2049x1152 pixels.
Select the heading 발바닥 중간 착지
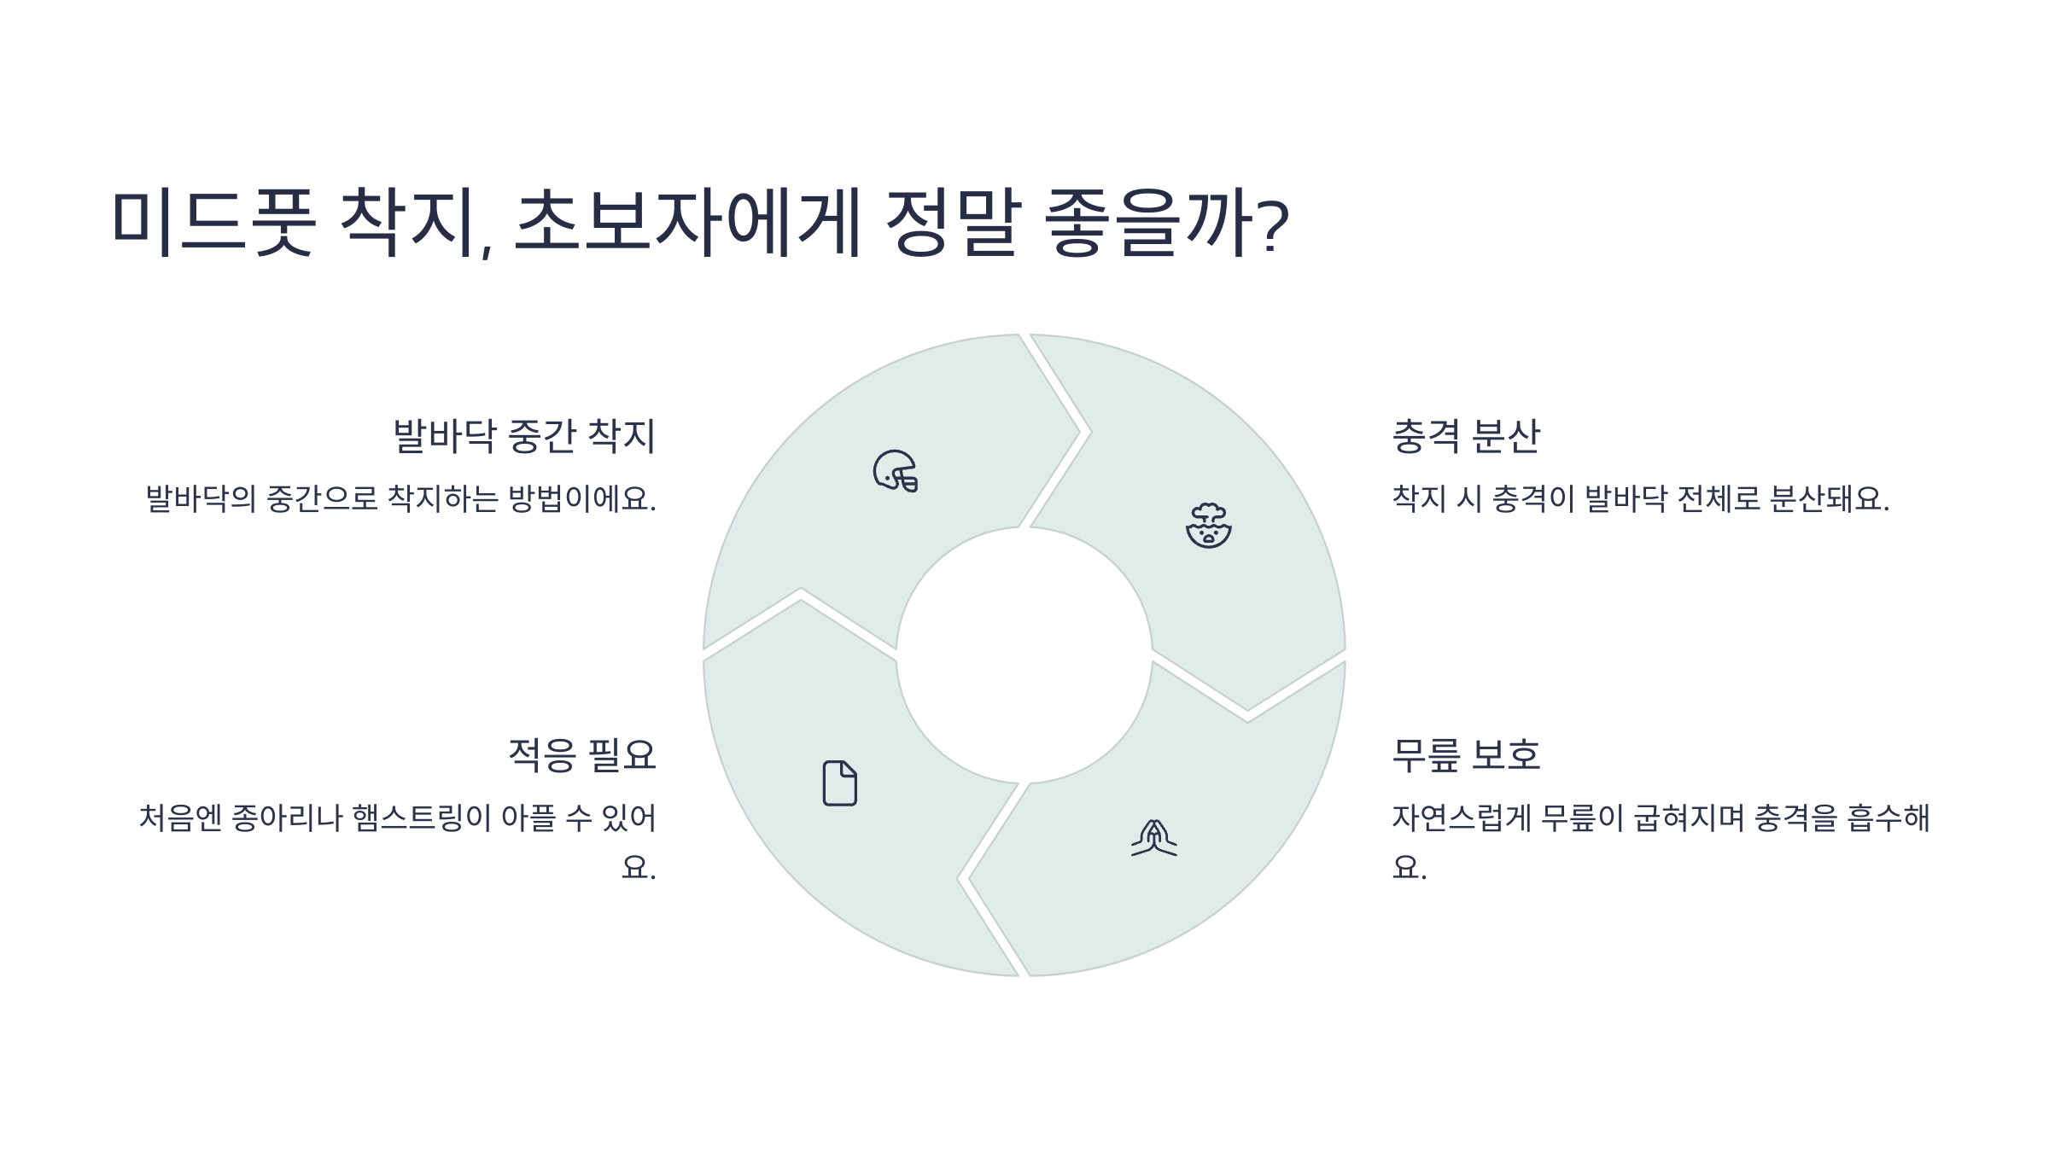point(524,436)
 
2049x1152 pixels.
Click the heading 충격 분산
point(1466,436)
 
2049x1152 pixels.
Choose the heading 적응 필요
point(582,755)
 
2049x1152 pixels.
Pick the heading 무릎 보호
point(1466,755)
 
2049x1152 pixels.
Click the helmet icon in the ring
point(896,471)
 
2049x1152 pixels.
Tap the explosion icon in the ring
point(1209,526)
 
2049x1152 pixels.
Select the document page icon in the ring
point(839,783)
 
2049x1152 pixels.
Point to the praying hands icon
point(1153,838)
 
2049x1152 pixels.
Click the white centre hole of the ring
point(1024,655)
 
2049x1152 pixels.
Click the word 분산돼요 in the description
point(1829,498)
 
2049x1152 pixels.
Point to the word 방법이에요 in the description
point(581,498)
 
